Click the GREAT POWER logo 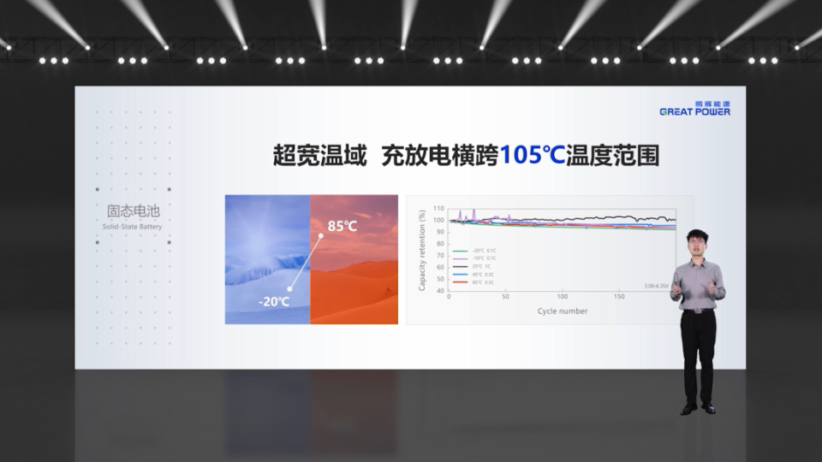[694, 109]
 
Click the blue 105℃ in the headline [531, 156]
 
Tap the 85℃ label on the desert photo [342, 227]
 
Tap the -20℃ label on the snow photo [274, 302]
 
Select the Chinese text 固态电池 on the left [133, 210]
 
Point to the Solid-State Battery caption [133, 227]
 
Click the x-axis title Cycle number [563, 311]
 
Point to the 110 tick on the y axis [439, 209]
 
